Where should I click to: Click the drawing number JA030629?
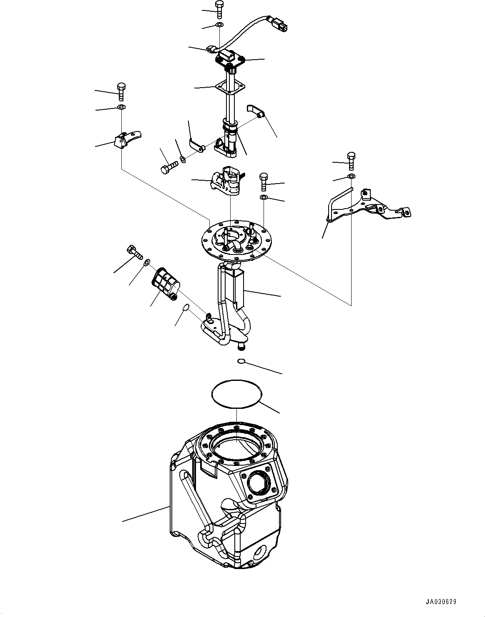click(x=441, y=602)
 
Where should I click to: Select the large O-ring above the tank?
click(x=236, y=393)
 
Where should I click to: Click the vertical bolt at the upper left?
click(x=121, y=91)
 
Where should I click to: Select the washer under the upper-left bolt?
click(x=121, y=108)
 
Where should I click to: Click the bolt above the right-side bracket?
click(x=351, y=160)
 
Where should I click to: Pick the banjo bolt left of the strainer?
click(x=133, y=253)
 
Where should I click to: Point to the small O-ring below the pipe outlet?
click(x=241, y=361)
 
